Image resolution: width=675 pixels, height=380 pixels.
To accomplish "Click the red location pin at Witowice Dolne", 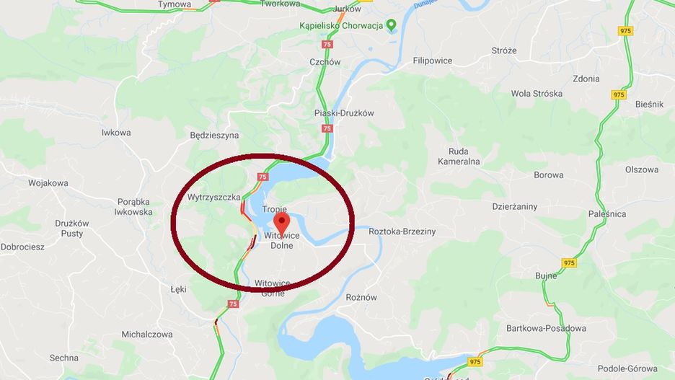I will (282, 221).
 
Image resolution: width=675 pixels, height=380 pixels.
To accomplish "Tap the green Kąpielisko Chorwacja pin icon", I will (392, 26).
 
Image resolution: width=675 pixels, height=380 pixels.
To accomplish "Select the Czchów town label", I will (325, 62).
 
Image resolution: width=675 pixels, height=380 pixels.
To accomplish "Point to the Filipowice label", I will (432, 61).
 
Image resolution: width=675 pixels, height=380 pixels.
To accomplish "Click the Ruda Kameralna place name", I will (459, 156).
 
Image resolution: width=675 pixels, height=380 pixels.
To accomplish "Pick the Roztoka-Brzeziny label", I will (402, 231).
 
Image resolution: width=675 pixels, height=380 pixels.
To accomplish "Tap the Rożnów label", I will (361, 297).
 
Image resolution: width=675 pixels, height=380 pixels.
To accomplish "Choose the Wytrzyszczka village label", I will (213, 196).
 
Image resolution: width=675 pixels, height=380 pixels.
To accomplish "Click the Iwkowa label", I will (116, 133).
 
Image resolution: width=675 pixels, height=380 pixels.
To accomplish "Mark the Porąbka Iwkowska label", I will (135, 207).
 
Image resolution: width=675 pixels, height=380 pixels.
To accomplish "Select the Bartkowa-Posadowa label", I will (546, 328).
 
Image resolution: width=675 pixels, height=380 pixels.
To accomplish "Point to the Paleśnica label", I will (606, 214).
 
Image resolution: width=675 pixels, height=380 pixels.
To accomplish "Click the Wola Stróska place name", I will (537, 93).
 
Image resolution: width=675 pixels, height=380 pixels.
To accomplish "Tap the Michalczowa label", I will (147, 335).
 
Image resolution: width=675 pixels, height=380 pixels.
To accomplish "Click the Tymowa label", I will (175, 4).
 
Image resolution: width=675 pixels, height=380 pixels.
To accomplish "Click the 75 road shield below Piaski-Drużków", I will (327, 128).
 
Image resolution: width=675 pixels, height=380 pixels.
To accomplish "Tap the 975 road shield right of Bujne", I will (569, 262).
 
